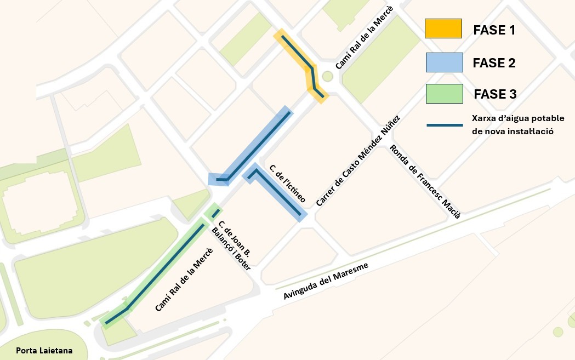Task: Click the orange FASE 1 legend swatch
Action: pyautogui.click(x=443, y=28)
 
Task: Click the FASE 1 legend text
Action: pyautogui.click(x=494, y=30)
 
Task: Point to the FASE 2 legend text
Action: pyautogui.click(x=494, y=63)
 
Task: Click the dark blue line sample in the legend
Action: pyautogui.click(x=445, y=125)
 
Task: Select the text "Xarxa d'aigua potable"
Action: pyautogui.click(x=518, y=118)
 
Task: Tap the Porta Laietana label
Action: pyautogui.click(x=44, y=351)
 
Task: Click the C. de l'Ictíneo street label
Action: pyautogui.click(x=287, y=184)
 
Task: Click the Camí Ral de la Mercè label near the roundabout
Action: pyautogui.click(x=364, y=42)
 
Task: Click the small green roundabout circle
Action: pyautogui.click(x=328, y=77)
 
